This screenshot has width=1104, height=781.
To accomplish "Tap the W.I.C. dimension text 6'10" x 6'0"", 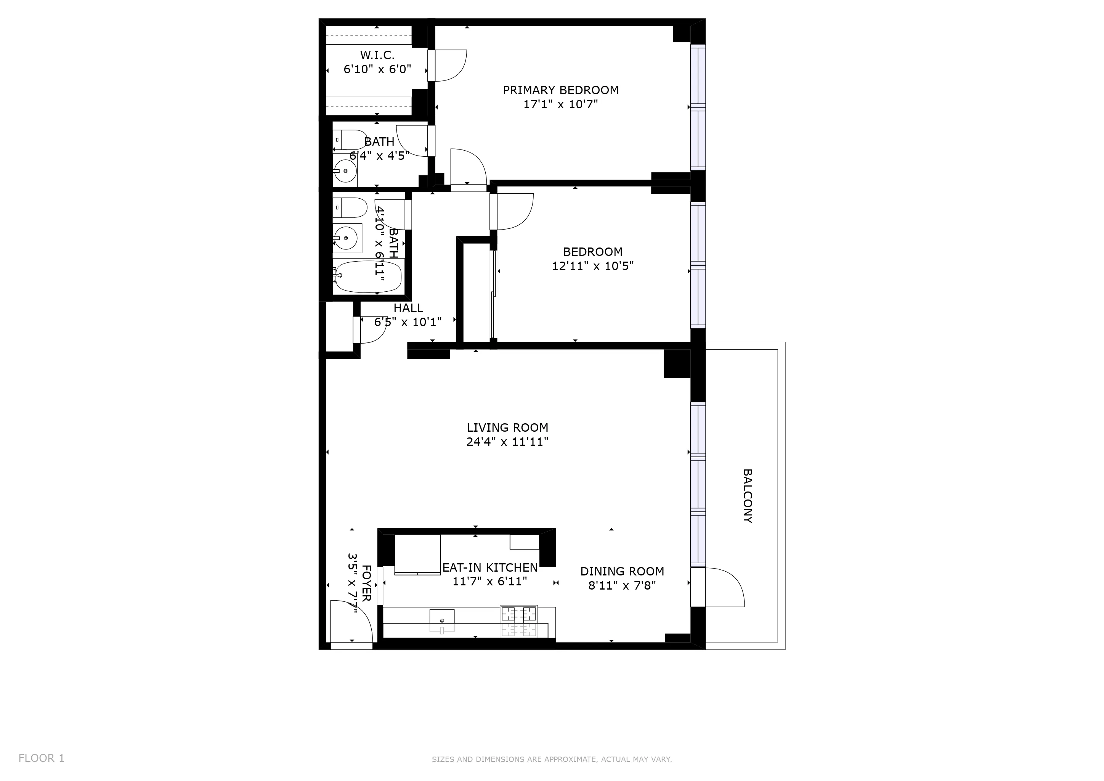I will (x=377, y=69).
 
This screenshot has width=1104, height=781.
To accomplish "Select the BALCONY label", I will (x=747, y=496).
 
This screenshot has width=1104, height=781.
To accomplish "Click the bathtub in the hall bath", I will (x=368, y=276).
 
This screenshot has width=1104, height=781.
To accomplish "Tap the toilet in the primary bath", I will (x=350, y=140).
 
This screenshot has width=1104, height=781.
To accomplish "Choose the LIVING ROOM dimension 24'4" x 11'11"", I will (x=507, y=442).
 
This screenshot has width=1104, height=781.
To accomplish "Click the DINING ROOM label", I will (x=622, y=571).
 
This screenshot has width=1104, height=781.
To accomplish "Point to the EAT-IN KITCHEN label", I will (x=489, y=567).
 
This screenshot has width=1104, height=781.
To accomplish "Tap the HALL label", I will (x=408, y=308).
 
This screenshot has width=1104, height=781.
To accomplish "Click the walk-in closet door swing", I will (x=449, y=66).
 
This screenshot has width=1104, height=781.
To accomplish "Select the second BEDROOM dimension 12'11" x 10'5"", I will (x=592, y=266).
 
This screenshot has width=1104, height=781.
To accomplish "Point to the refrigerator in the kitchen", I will (x=417, y=554).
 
